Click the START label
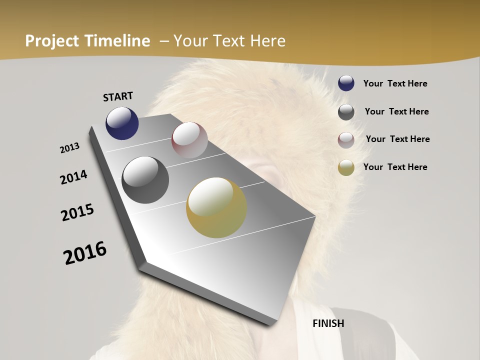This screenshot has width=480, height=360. [118, 96]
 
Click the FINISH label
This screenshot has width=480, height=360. [328, 323]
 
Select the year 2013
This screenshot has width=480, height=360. [69, 148]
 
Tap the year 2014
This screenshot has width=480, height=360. [73, 177]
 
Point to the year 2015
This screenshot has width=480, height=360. [77, 212]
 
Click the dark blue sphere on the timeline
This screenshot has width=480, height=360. [122, 123]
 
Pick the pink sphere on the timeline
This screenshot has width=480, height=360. [189, 140]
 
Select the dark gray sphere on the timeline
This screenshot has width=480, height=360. [145, 179]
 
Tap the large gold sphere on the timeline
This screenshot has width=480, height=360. [216, 207]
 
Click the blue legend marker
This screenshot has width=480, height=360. [346, 83]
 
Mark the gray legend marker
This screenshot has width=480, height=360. [346, 112]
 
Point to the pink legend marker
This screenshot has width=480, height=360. [346, 140]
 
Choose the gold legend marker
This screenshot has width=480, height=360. [346, 167]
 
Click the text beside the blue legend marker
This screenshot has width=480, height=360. [395, 83]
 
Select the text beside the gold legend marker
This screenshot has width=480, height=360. [395, 167]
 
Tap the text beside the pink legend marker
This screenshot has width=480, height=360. [397, 139]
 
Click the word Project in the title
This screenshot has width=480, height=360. [52, 41]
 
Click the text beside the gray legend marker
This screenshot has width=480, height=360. [396, 111]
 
